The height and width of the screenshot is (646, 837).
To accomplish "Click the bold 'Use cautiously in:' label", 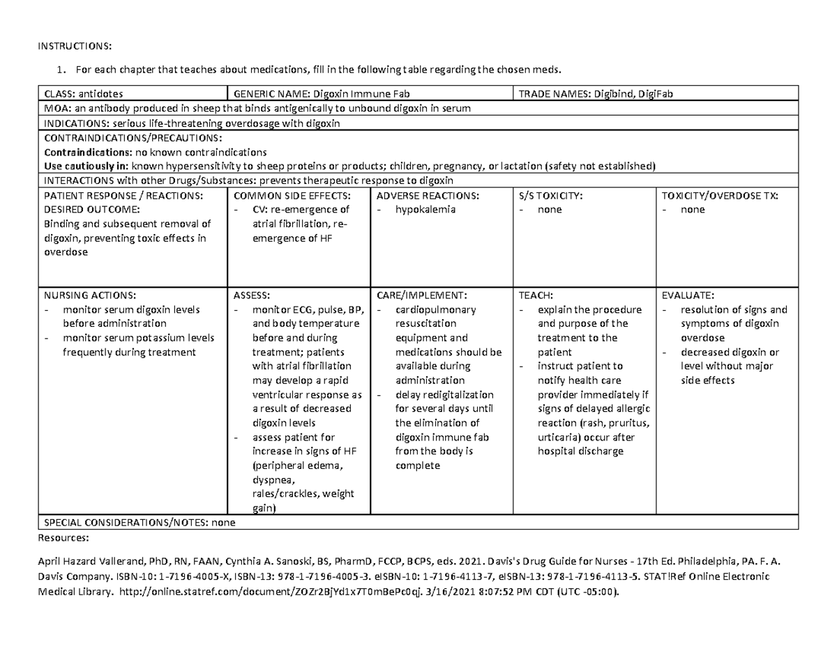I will pos(86,166).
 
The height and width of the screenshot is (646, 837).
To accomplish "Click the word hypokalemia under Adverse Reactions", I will pos(425,209).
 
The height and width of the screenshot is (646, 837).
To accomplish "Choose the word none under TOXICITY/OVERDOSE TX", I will pos(693,209).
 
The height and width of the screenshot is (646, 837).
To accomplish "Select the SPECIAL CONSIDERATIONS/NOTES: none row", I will pos(139,522).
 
